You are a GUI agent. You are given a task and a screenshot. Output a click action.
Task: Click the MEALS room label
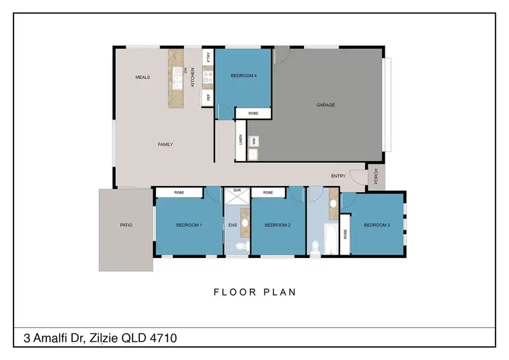[142, 77]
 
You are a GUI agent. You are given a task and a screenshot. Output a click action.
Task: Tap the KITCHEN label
[193, 76]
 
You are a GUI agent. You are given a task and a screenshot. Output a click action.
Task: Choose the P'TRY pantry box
[208, 57]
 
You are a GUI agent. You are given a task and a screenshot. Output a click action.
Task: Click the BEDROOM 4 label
[244, 75]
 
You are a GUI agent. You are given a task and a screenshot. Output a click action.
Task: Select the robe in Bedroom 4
[253, 113]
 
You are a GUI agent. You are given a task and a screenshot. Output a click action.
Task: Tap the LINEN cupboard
[240, 140]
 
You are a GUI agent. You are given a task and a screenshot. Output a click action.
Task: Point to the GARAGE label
[326, 105]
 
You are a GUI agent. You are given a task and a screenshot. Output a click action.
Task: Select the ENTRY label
[338, 176]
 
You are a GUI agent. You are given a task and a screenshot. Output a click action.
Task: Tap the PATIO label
[126, 225]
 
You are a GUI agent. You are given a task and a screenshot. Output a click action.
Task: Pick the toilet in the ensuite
[238, 247]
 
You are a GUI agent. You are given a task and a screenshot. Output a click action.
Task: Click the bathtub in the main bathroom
[331, 238]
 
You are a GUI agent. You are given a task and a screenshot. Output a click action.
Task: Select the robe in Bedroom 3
[345, 235]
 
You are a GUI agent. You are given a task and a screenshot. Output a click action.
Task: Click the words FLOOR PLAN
[254, 292]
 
